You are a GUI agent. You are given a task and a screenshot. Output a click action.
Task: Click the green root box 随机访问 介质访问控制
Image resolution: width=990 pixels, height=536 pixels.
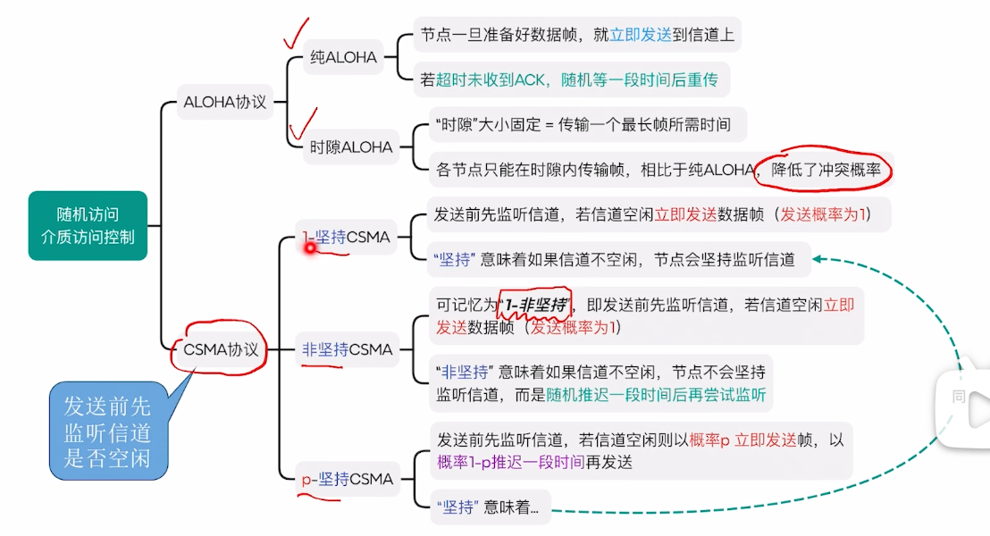click(88, 225)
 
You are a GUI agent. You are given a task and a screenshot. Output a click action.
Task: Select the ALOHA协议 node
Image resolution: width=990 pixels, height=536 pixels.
click(225, 102)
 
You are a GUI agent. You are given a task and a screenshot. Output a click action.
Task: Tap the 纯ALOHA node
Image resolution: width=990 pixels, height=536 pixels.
click(342, 58)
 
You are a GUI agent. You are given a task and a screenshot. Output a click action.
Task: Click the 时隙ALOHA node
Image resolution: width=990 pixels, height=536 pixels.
click(351, 147)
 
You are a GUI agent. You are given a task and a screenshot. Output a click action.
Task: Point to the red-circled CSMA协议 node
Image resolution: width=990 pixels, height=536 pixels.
click(220, 349)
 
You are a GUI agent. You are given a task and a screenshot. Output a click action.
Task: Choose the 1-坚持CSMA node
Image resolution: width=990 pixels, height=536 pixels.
click(347, 238)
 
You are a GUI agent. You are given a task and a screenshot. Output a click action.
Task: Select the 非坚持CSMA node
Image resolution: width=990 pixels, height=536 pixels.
click(348, 349)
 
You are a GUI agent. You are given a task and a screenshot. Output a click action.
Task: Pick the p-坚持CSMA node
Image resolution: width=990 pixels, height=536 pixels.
click(348, 480)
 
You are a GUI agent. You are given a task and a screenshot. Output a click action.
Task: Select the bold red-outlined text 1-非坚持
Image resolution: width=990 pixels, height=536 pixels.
click(534, 306)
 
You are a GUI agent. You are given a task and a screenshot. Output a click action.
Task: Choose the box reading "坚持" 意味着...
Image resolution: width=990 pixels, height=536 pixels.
click(490, 507)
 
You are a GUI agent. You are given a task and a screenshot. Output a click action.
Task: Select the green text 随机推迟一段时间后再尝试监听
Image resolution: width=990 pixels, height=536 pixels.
click(657, 395)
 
